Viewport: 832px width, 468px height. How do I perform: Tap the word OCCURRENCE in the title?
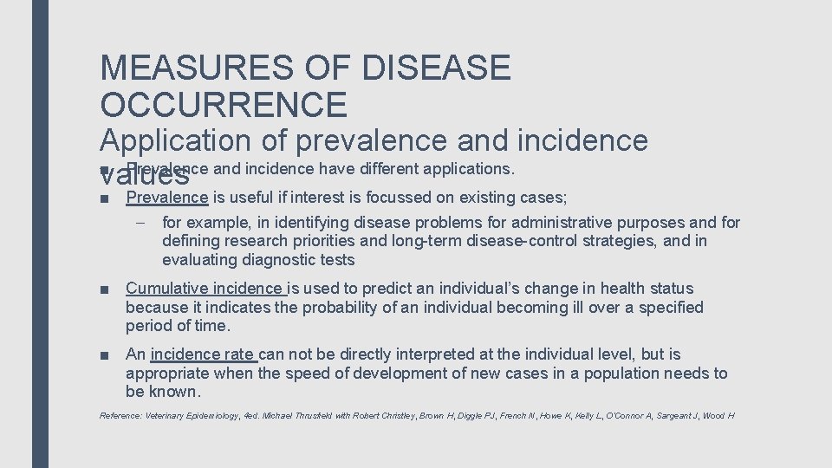pos(224,105)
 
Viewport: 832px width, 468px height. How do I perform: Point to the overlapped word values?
pos(145,178)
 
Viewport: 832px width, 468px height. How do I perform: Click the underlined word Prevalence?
pos(167,198)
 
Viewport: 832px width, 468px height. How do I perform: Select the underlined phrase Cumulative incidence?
pos(205,289)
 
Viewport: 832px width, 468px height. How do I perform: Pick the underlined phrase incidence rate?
pos(203,354)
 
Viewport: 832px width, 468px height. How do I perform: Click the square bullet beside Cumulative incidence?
pos(104,289)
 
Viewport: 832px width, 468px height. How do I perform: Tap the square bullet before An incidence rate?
pos(104,355)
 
